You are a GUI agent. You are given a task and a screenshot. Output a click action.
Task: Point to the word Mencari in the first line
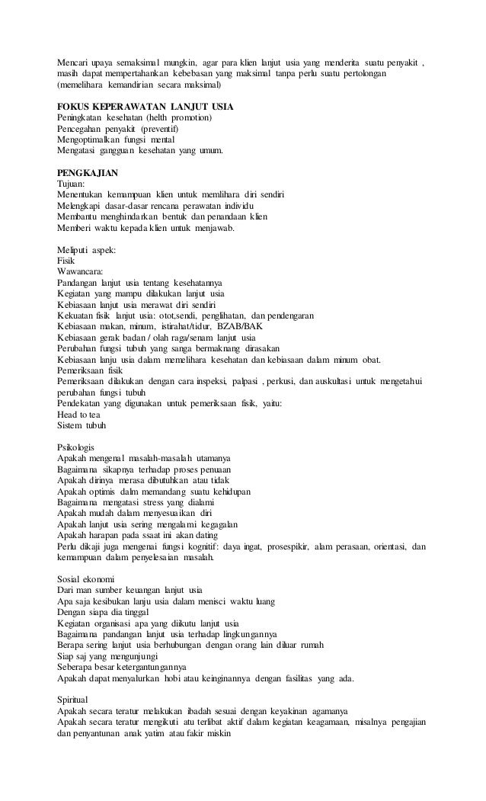[73, 62]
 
